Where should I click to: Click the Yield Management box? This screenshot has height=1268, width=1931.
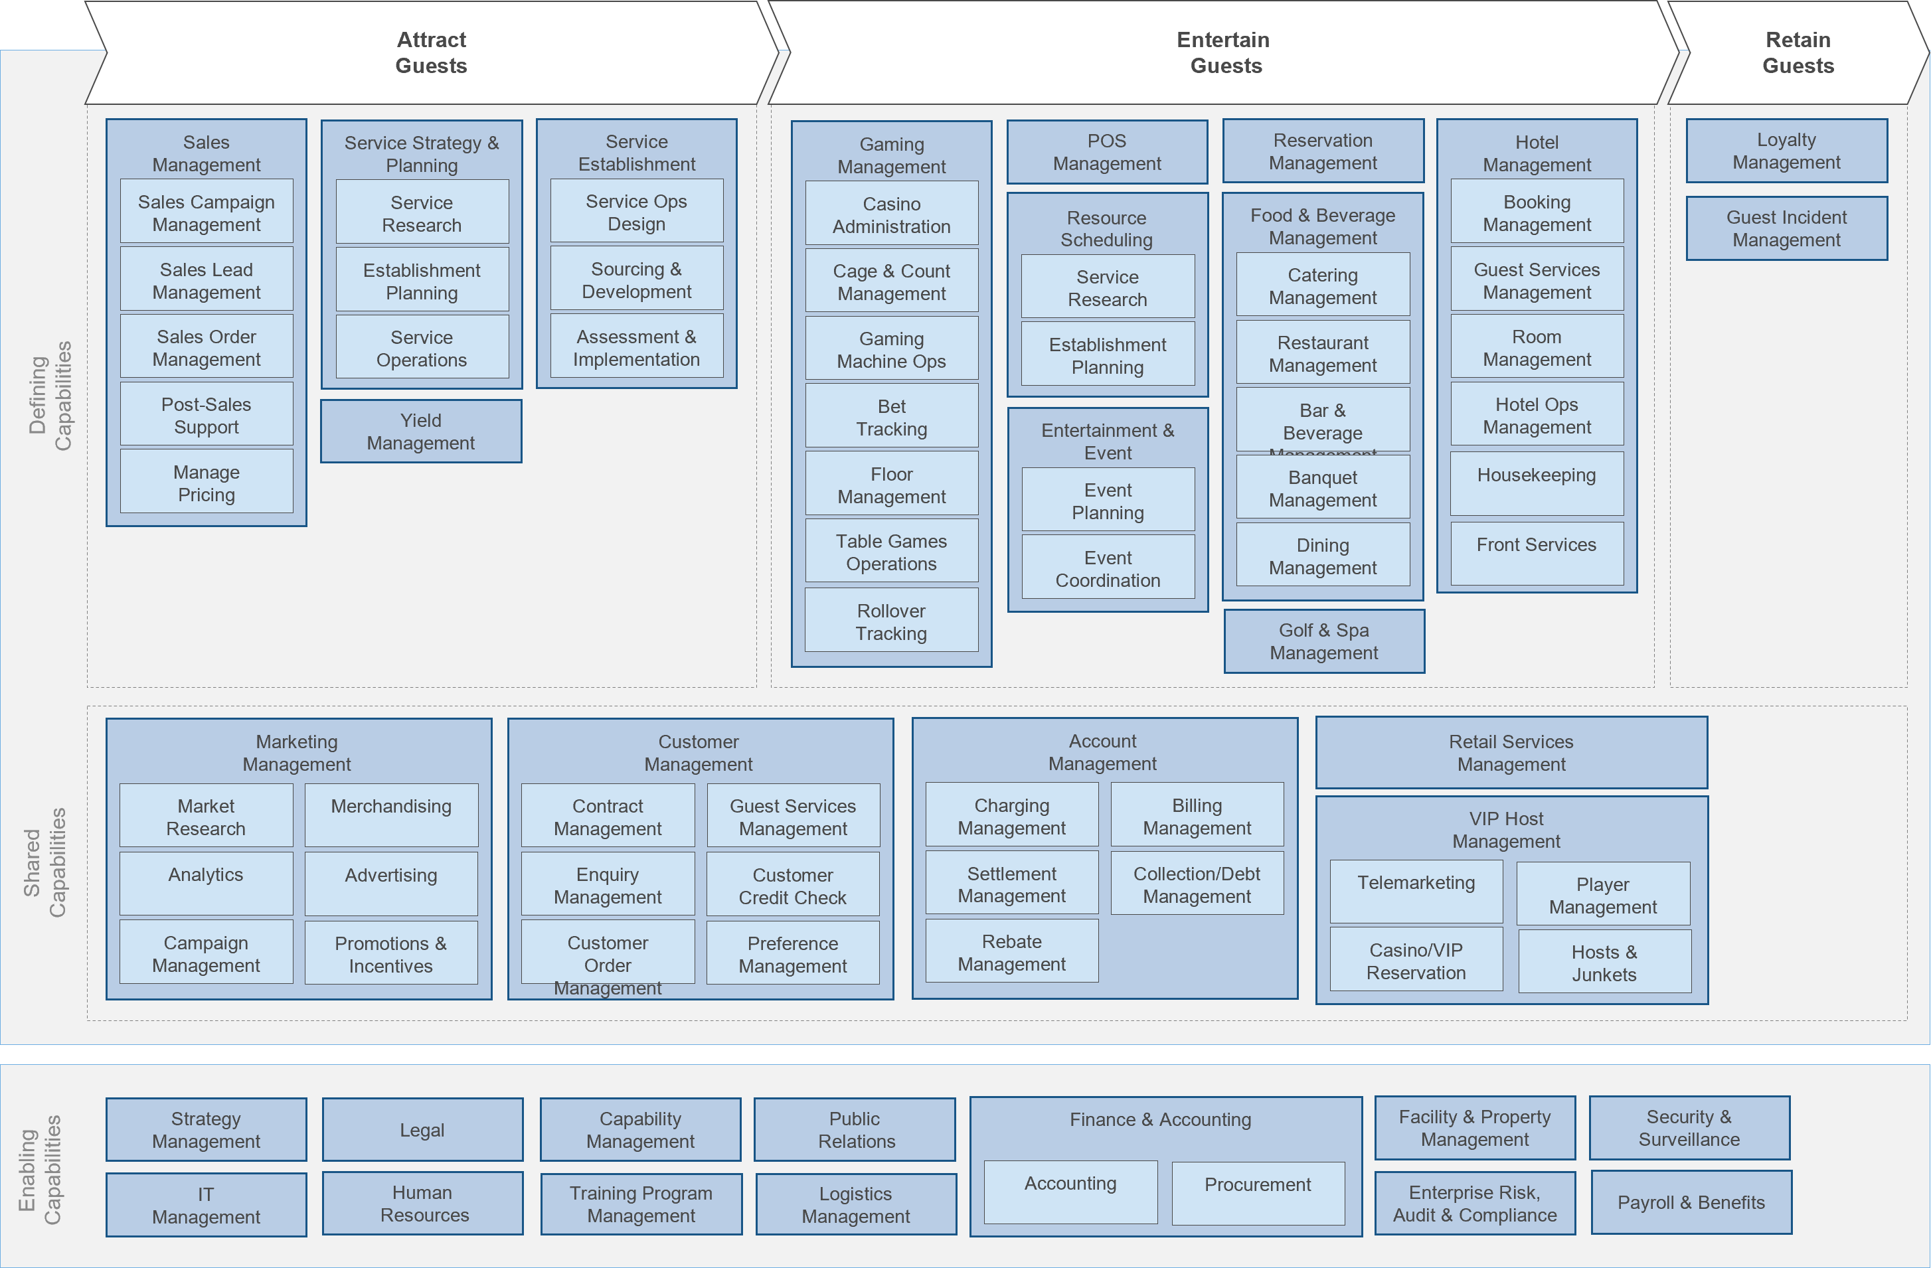coord(420,432)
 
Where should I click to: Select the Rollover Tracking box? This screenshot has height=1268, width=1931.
coord(891,621)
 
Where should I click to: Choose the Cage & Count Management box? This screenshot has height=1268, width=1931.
coord(891,281)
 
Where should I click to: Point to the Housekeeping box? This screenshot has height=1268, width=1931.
coord(1536,483)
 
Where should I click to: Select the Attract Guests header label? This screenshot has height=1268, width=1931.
coord(431,52)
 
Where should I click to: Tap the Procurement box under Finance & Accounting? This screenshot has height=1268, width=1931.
coord(1257,1191)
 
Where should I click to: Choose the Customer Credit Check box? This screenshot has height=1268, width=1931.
coord(792,885)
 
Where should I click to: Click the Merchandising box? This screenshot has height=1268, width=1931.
coord(390,815)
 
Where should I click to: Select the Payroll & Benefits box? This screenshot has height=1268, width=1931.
coord(1690,1202)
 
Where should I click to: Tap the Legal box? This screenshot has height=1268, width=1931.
coord(422,1129)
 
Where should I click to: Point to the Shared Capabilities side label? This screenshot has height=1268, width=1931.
coord(44,862)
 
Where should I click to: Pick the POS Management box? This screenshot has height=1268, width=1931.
coord(1107,152)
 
